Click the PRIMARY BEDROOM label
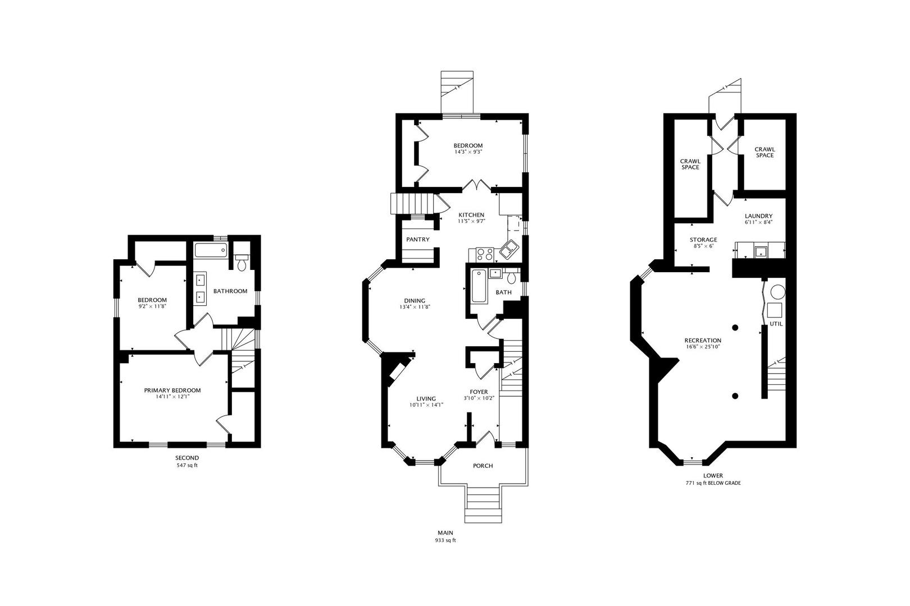(172, 391)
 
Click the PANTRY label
(417, 240)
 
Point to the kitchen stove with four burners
(484, 254)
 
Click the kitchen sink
(509, 249)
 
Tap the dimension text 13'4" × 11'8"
(412, 307)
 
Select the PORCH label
(483, 466)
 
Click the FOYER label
(479, 392)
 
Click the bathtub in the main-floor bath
(479, 286)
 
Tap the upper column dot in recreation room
(735, 327)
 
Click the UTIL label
(776, 324)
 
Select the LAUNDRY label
(758, 216)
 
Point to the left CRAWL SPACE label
(690, 164)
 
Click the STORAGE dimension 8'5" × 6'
(703, 246)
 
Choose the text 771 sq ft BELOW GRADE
(713, 483)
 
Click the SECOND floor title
(187, 458)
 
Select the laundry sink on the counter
(761, 251)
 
